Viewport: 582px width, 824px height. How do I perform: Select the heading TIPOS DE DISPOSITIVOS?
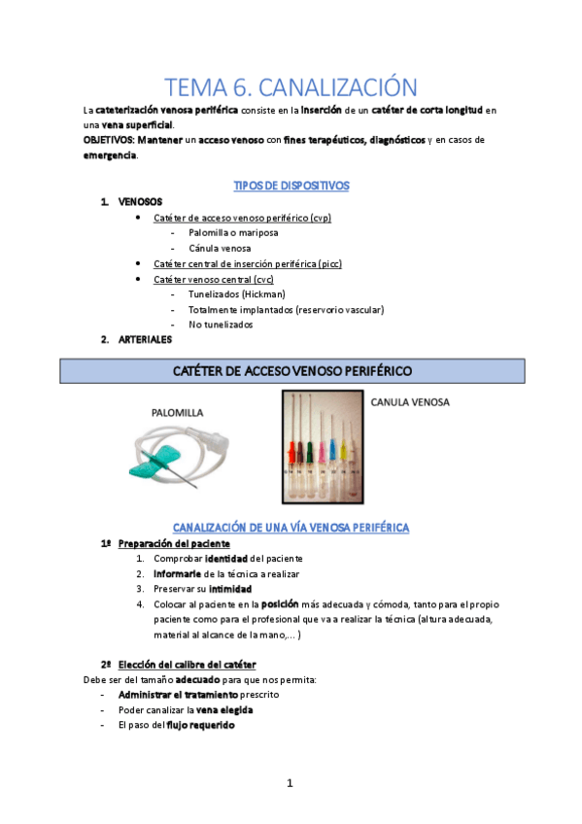pos(291,186)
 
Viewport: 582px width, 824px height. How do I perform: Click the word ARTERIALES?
pos(146,339)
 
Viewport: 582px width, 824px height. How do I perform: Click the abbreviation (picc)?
pos(326,263)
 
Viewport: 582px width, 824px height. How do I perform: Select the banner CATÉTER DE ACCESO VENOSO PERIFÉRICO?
pos(291,371)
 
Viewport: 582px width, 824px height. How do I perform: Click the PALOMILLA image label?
pos(177,412)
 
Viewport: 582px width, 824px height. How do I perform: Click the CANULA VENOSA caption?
pos(410,401)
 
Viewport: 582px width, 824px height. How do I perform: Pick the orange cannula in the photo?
pos(293,451)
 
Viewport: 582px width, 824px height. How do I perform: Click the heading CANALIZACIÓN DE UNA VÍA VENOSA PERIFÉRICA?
pos(291,527)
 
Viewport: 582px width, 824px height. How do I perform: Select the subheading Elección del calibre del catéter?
pos(187,665)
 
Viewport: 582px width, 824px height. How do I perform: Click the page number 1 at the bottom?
pos(290,783)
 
